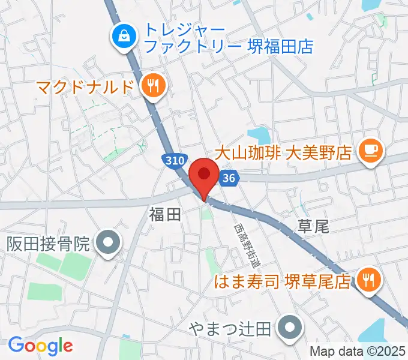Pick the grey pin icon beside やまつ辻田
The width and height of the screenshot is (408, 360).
tap(292, 328)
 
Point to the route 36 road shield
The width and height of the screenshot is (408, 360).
tap(229, 178)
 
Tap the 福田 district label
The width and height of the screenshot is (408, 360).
tap(165, 215)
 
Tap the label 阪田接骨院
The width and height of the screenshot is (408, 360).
tap(49, 244)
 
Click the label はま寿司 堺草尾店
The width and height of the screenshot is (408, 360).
tap(284, 281)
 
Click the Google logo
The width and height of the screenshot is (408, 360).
tap(40, 345)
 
